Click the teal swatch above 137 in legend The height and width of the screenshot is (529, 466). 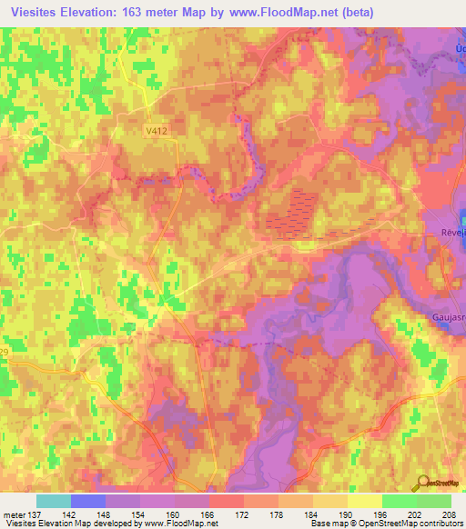click(54, 501)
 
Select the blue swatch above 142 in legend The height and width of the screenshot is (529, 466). click(88, 501)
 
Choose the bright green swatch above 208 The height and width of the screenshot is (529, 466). click(434, 501)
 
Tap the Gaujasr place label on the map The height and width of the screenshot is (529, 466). click(444, 316)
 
